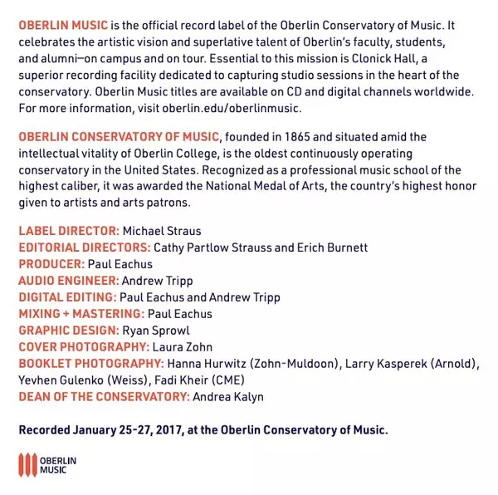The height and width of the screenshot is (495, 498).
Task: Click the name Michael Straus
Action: tap(162, 231)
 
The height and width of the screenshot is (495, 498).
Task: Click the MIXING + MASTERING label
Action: tap(81, 314)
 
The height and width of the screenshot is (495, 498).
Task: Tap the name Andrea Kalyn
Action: tap(228, 397)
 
